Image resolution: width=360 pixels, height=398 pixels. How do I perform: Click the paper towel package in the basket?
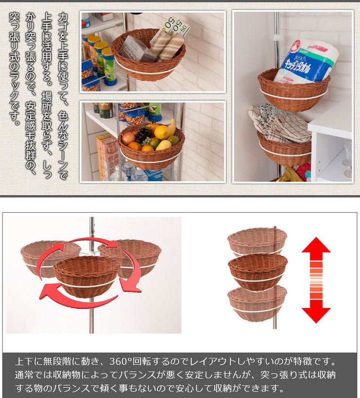coord(306,62)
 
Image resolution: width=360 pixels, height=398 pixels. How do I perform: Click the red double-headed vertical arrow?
coord(316,280)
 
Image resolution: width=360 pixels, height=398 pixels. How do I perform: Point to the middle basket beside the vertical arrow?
coord(258,271)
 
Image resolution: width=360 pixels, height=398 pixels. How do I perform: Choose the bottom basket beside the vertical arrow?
coord(257,303)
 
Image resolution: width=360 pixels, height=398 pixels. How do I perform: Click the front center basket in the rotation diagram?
coord(87,277)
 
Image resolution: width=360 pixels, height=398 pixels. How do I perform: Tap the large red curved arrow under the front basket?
coord(76,298)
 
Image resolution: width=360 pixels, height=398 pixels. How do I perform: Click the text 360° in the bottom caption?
coord(121,361)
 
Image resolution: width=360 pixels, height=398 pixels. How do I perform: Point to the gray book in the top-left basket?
coord(136,49)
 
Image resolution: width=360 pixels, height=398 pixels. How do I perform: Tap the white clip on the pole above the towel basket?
coord(278,38)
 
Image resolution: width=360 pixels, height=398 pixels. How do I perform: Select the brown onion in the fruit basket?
coord(128,138)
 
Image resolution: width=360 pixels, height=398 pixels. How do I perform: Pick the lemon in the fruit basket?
coord(162,132)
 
